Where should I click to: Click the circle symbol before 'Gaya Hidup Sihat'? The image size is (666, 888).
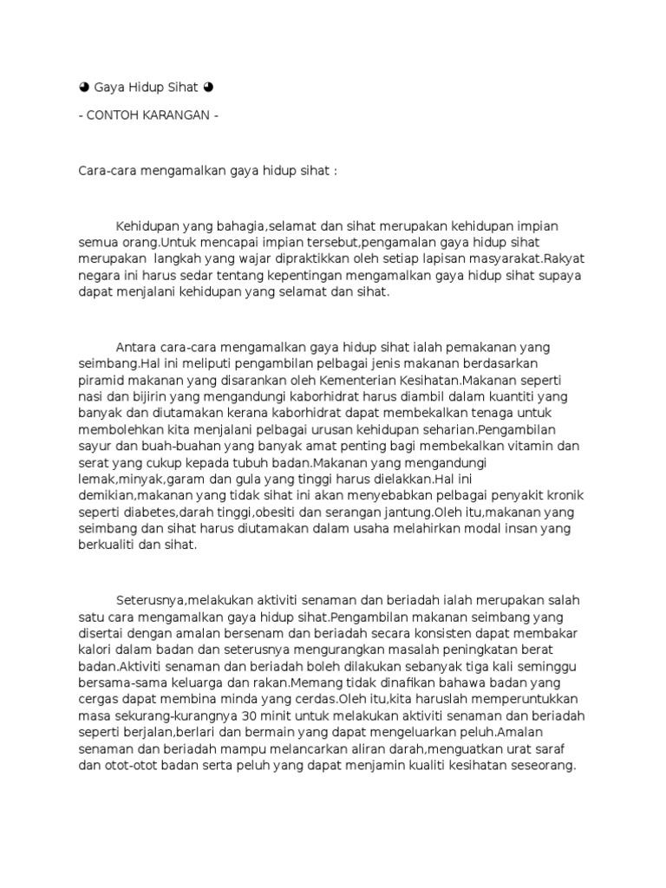(83, 88)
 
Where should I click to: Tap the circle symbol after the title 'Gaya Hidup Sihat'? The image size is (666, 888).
(208, 88)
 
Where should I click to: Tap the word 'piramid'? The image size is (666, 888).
(100, 381)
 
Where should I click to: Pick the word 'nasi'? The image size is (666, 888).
(90, 397)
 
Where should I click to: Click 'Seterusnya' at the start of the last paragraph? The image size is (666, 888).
(151, 601)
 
